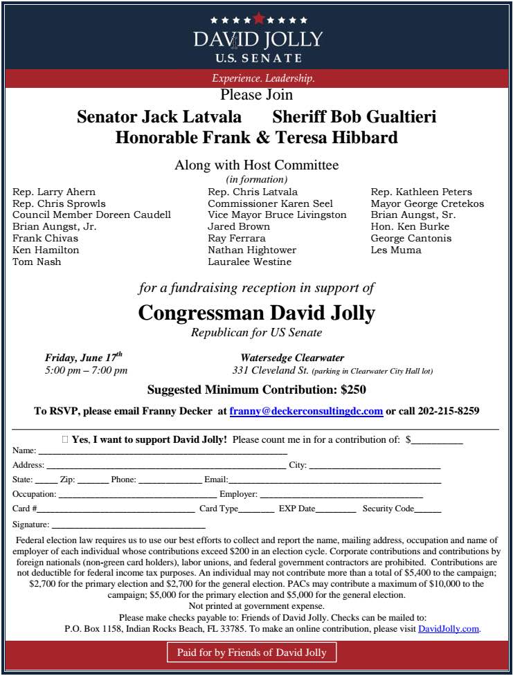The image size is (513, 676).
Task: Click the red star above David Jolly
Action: tap(259, 18)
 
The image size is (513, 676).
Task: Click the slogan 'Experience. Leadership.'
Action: tap(263, 78)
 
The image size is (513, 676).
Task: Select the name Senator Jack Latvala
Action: tap(159, 116)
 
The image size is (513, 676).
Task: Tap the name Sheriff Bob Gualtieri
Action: tap(354, 116)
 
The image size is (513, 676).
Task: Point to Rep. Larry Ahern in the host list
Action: tap(54, 192)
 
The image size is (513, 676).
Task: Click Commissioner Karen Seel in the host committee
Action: tap(270, 203)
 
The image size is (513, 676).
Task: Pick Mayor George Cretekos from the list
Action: tap(427, 203)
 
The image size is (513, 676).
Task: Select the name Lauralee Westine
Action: tap(249, 262)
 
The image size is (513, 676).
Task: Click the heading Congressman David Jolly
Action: tap(256, 313)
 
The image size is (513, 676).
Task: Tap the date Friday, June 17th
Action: tap(83, 358)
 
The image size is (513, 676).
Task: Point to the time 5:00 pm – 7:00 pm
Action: tap(86, 370)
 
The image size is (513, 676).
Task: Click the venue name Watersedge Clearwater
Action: tap(292, 358)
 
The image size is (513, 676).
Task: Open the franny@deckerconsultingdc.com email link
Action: tap(306, 411)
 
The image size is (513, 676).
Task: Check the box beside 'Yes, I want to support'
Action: tap(65, 439)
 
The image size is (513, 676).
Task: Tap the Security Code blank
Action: tap(428, 510)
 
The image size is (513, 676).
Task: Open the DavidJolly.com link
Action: tap(449, 629)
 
